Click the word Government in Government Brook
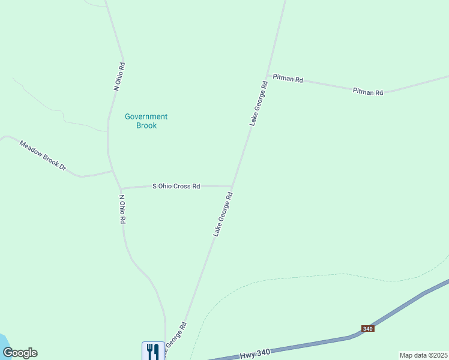click(146, 116)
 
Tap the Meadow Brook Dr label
click(42, 155)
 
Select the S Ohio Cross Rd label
click(176, 187)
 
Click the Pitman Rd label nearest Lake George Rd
click(288, 79)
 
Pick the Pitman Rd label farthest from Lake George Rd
click(367, 92)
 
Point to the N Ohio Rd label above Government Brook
click(119, 76)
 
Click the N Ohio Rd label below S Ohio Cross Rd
click(122, 209)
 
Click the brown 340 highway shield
click(368, 329)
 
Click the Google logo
click(20, 353)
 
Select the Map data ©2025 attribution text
click(423, 355)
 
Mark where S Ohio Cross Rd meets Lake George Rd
click(233, 186)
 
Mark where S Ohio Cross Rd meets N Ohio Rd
click(120, 188)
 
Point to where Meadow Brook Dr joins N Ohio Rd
click(112, 172)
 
